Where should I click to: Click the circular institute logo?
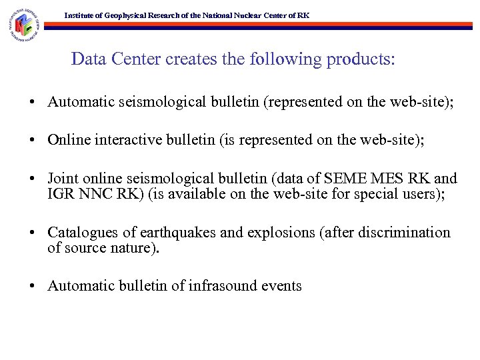coord(24,26)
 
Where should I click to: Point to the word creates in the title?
coord(191,59)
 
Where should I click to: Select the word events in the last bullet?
coord(283,286)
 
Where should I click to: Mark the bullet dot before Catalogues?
coord(32,233)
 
